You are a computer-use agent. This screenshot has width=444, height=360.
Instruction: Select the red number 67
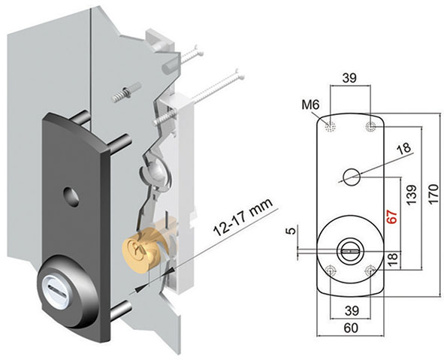coord(391,215)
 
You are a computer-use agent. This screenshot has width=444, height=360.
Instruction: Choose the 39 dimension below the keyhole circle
coord(350,310)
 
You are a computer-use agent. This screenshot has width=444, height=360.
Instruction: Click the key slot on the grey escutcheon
coord(53,285)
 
